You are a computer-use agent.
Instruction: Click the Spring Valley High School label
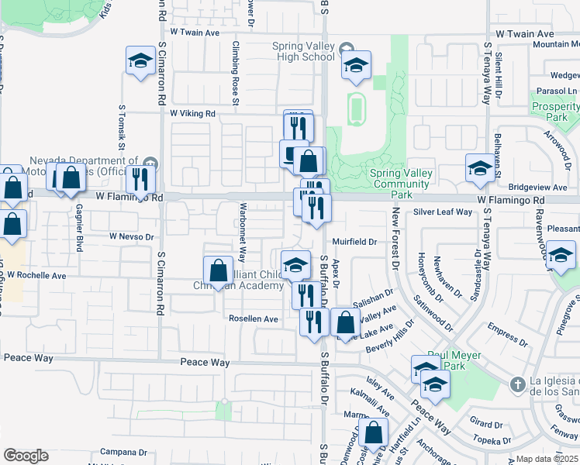[303, 51]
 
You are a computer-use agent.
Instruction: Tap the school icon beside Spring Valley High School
[356, 66]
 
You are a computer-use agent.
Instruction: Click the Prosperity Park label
[556, 111]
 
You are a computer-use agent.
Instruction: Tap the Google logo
[26, 456]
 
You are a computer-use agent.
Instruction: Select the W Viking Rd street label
[192, 114]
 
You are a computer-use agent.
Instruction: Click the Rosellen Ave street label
[253, 319]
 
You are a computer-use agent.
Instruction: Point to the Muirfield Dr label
[354, 242]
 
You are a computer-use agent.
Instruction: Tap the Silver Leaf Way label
[443, 212]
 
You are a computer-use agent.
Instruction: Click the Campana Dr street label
[123, 452]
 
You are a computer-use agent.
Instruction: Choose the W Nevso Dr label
[132, 236]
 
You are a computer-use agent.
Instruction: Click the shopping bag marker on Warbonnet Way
[218, 270]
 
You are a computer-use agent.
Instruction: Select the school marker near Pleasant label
[561, 255]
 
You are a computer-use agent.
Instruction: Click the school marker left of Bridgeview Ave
[479, 168]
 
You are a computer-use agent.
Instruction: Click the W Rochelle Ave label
[33, 275]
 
